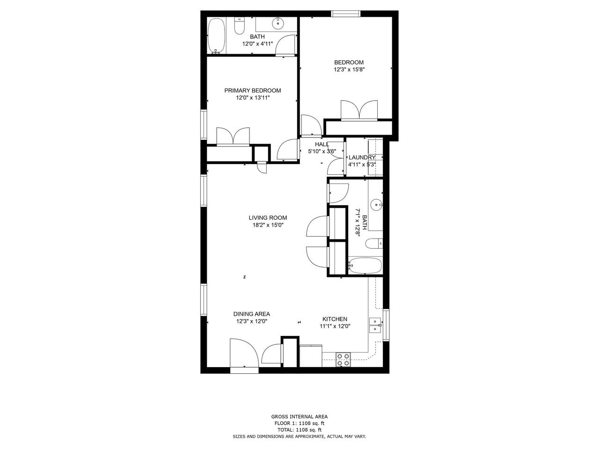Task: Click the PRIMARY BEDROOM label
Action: pos(252,91)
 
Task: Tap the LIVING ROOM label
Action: pos(268,217)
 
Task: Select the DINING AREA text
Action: pos(252,314)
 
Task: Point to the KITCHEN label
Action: pos(335,319)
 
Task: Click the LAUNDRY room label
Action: pos(362,158)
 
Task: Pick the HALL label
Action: pos(322,144)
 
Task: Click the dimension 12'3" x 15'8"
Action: pos(349,70)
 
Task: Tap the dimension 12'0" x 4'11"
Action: pos(257,43)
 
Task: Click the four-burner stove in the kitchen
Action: pos(343,359)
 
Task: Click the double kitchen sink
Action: pos(375,325)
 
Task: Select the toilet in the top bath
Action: pos(239,26)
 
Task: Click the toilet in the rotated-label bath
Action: pos(374,244)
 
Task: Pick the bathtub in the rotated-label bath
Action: pos(365,266)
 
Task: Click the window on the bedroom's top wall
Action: pos(346,14)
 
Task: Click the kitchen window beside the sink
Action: pos(386,325)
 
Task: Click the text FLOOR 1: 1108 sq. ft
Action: pos(299,423)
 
